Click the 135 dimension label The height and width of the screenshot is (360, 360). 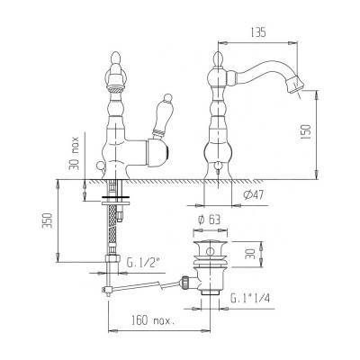pyautogui.click(x=258, y=32)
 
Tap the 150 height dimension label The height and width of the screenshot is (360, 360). pyautogui.click(x=307, y=132)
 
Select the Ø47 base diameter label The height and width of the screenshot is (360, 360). pyautogui.click(x=254, y=195)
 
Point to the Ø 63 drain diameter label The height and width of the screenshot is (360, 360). pyautogui.click(x=210, y=220)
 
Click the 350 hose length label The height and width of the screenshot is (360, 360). pyautogui.click(x=48, y=220)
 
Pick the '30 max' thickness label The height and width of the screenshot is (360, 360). pyautogui.click(x=74, y=153)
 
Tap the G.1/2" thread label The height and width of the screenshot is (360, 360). pyautogui.click(x=143, y=263)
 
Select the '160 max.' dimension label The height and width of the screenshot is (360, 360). pyautogui.click(x=152, y=320)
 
